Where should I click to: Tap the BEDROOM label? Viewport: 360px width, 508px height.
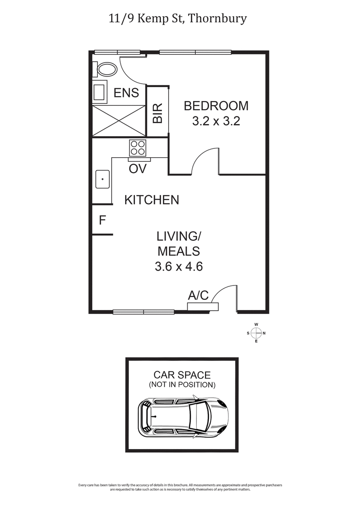(216, 106)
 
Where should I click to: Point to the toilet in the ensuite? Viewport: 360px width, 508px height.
(106, 70)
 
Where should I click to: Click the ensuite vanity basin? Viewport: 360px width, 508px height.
(99, 92)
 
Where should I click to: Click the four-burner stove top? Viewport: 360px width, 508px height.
(138, 148)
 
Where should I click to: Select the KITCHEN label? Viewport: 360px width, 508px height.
(152, 200)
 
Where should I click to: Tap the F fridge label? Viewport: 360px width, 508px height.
(102, 221)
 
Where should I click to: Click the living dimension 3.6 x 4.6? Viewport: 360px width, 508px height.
(179, 267)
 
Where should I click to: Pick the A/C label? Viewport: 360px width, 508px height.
(198, 295)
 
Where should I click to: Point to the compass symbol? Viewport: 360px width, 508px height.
(256, 333)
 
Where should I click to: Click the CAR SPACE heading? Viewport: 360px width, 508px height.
(182, 375)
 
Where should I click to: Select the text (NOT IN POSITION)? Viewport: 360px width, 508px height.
(182, 385)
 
